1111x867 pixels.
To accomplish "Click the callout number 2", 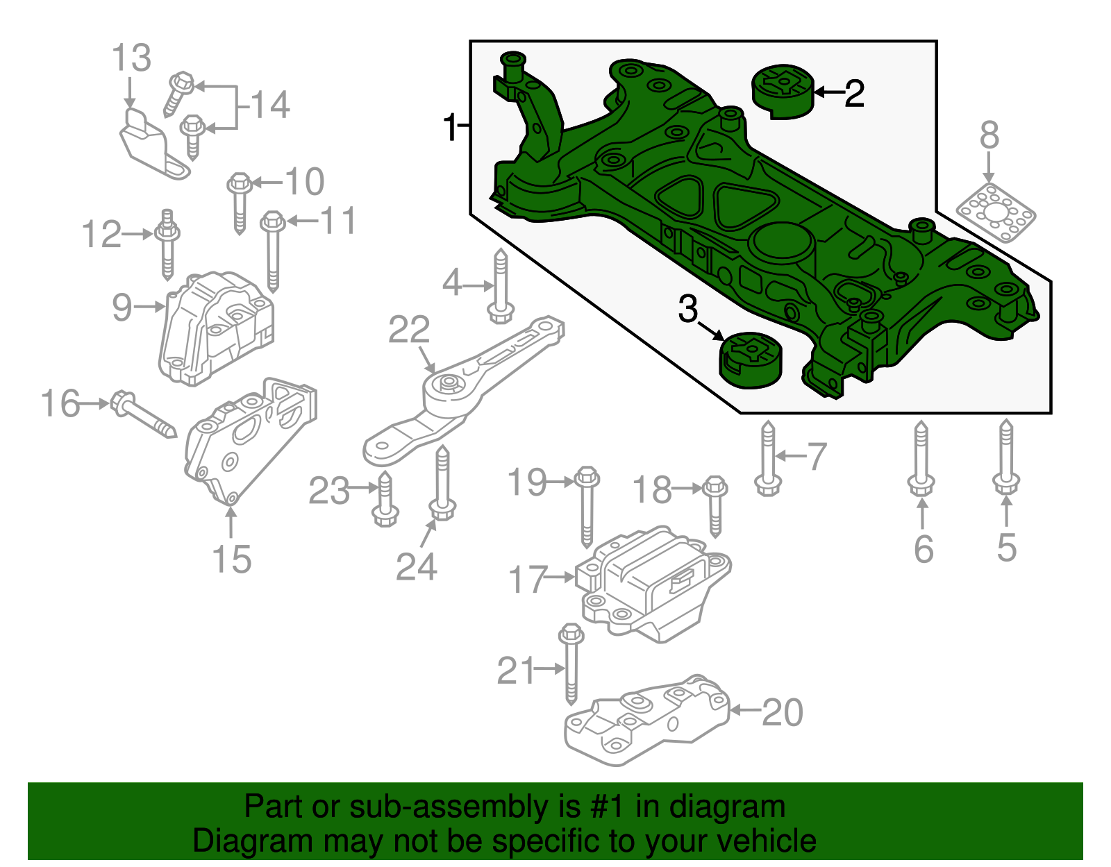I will point(855,93).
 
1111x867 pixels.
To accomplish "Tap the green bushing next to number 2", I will point(783,91).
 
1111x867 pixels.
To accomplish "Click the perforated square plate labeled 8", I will point(996,213).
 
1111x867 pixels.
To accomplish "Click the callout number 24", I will point(416,567).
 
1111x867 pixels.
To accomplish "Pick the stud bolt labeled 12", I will point(167,244).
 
